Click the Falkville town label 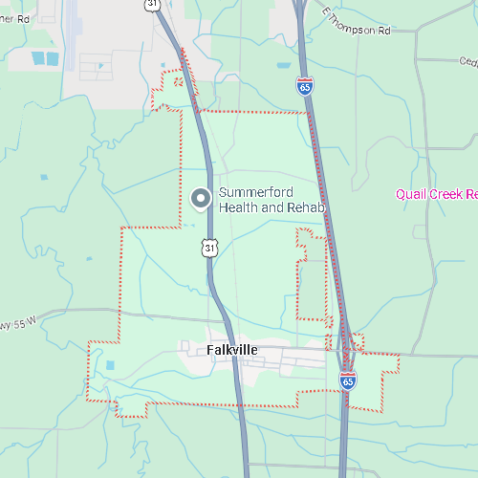coord(232,350)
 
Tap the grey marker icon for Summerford coord(201,199)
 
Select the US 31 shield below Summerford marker coord(209,248)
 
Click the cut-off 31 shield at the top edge coord(153,4)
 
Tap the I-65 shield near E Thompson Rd coord(304,87)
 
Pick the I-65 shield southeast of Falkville coord(348,380)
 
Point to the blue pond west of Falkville coord(109,365)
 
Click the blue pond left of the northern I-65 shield coord(283,66)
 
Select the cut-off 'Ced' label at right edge coord(467,62)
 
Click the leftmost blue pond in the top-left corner coord(38,58)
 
